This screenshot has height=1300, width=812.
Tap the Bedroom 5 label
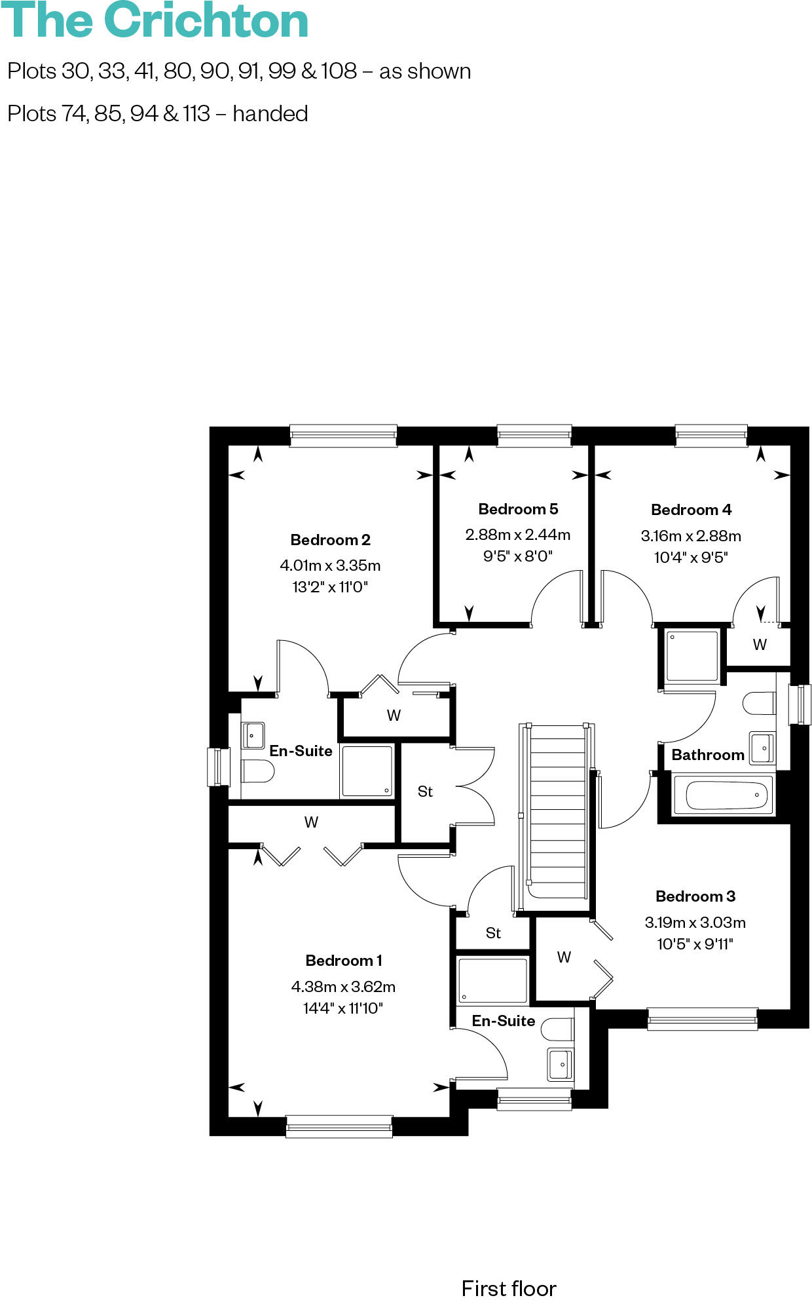pos(518,509)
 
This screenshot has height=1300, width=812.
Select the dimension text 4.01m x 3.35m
pos(330,565)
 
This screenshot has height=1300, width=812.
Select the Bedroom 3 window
pos(702,1019)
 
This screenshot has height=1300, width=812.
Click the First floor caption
pos(509,1288)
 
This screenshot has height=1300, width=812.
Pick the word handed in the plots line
pos(270,114)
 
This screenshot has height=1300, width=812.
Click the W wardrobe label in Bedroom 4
pos(760,645)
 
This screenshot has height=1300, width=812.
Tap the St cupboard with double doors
pos(425,792)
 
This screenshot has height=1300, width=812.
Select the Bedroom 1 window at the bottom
pos(339,1126)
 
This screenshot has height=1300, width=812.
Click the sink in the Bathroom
pos(762,748)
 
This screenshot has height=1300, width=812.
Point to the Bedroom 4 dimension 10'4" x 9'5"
pos(691,558)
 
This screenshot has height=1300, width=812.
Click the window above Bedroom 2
pos(343,436)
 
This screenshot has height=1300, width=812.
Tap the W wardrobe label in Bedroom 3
pos(564,957)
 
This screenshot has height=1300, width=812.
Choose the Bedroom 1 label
pos(344,961)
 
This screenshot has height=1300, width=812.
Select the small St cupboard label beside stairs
pos(493,933)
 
